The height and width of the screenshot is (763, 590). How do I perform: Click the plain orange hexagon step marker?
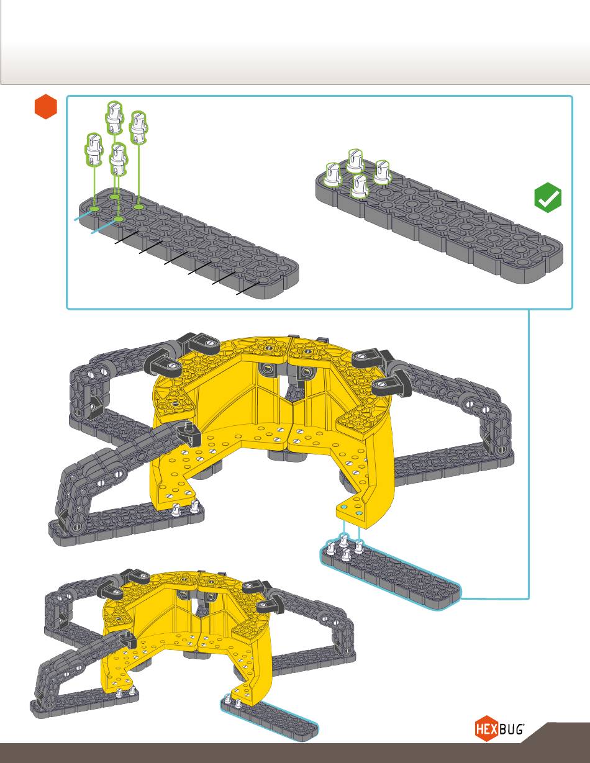click(46, 106)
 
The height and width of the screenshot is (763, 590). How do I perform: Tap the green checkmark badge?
click(548, 197)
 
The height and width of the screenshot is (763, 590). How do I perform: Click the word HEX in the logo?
click(486, 729)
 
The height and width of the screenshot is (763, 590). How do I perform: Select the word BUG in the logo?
click(511, 729)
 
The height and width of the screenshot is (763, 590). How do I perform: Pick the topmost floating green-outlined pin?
click(115, 117)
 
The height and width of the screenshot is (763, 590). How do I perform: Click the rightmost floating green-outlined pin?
click(138, 127)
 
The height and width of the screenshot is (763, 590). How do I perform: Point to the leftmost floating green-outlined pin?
click(94, 150)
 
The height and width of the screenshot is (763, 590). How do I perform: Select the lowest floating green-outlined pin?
click(119, 159)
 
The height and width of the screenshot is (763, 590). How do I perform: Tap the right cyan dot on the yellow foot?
click(358, 513)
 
